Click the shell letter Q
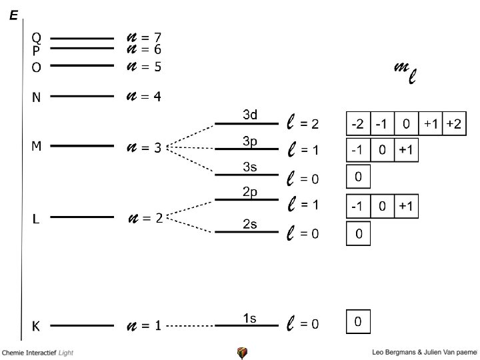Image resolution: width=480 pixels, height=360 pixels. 37,37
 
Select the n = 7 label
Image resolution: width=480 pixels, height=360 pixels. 144,37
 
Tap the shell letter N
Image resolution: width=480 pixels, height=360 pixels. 37,97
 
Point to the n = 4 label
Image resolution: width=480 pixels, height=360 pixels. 144,97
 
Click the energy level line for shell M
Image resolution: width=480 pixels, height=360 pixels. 82,145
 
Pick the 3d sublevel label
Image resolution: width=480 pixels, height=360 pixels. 250,115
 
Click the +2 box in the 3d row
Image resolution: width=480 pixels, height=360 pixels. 453,125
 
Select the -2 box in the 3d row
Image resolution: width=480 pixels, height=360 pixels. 357,125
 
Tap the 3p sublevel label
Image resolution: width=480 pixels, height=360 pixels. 250,141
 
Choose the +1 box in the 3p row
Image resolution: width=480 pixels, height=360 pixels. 406,150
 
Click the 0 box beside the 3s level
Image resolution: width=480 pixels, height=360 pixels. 358,177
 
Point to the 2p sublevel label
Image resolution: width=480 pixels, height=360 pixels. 250,192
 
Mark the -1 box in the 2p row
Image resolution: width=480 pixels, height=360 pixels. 357,207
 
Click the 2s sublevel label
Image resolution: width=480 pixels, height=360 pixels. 250,224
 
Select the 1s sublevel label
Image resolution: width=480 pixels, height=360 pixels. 249,319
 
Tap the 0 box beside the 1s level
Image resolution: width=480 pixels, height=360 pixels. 358,322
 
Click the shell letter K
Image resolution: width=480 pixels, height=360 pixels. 37,326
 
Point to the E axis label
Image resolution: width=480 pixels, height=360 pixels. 13,15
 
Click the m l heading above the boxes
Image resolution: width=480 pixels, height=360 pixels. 406,72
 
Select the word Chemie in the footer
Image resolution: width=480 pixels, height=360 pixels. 14,352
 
